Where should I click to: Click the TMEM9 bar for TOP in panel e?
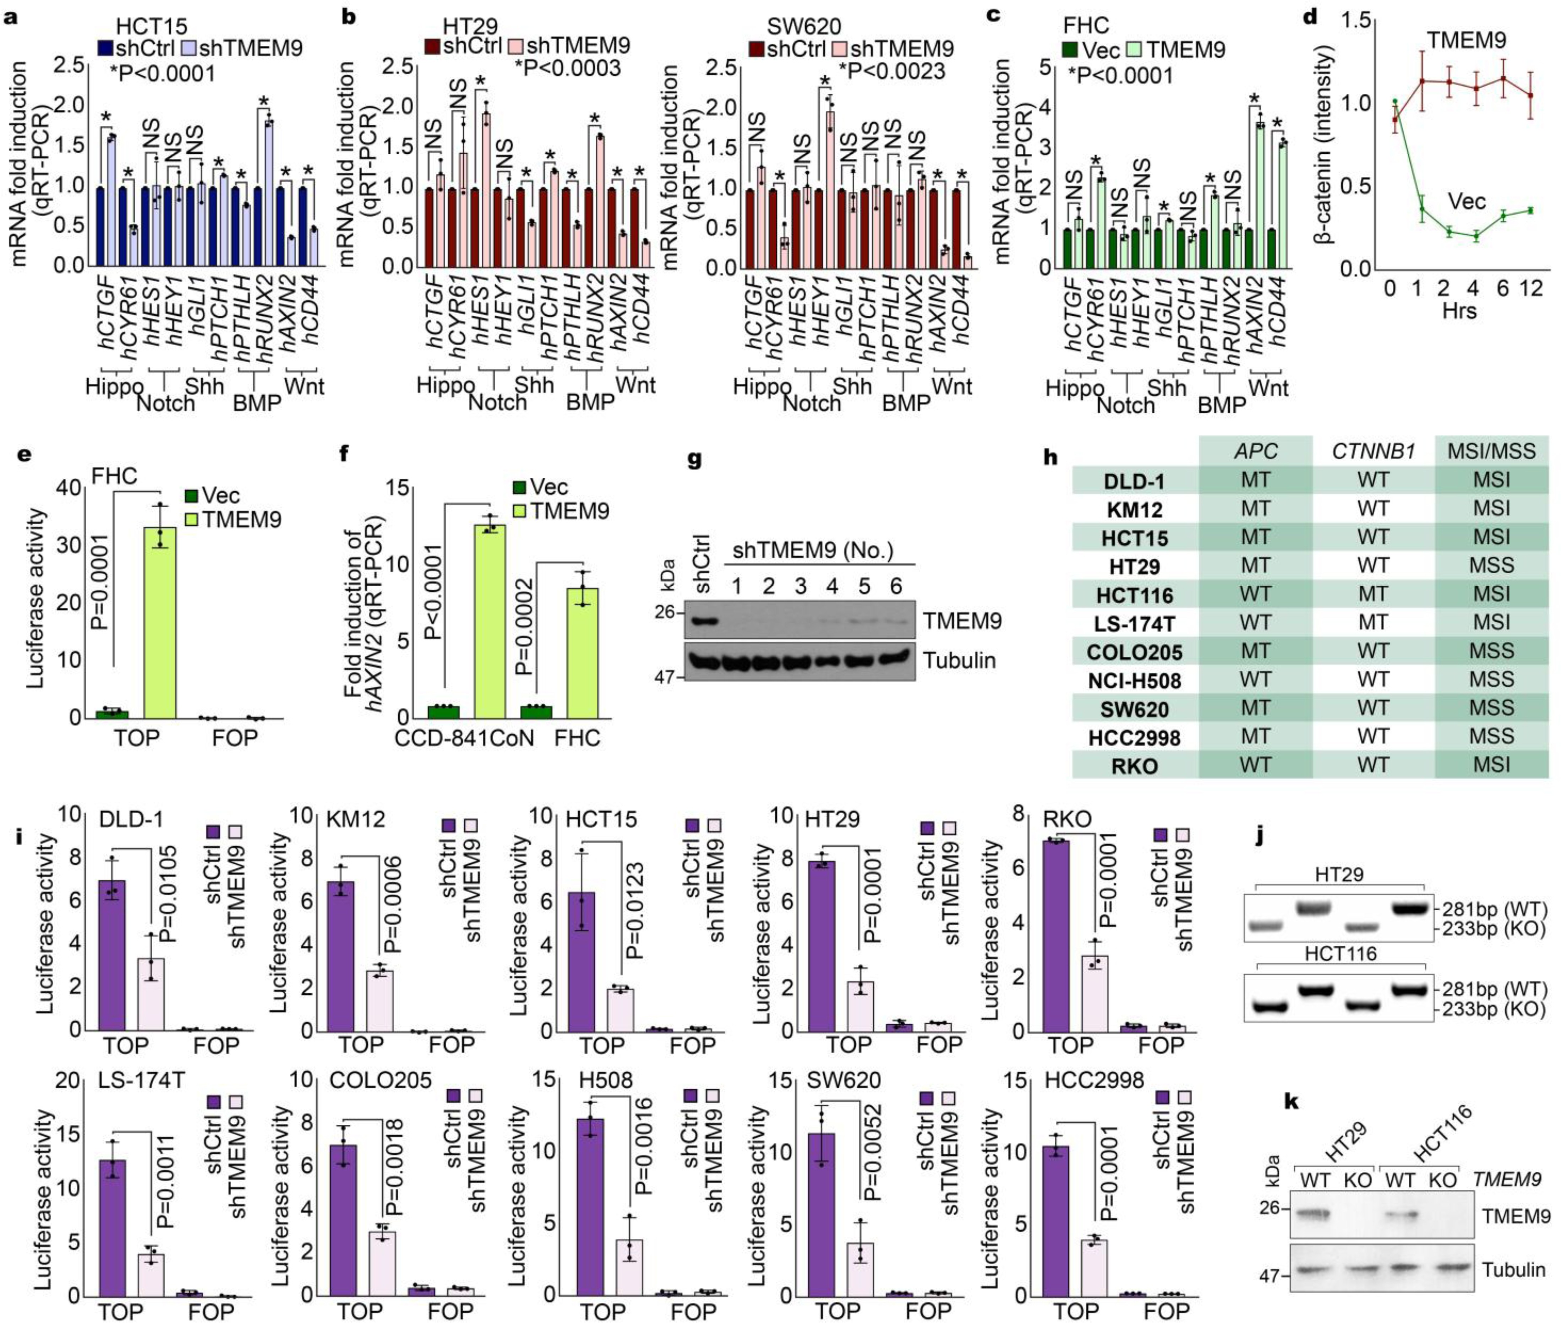[x=160, y=623]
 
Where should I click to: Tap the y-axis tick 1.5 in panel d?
[x=1354, y=22]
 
